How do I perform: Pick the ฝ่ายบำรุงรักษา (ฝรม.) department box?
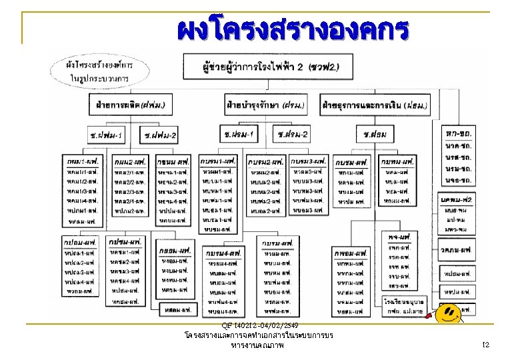[265, 105]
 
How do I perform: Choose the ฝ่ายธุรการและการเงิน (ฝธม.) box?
[375, 105]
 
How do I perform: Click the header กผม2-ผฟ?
[131, 162]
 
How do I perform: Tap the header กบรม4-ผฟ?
[224, 253]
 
